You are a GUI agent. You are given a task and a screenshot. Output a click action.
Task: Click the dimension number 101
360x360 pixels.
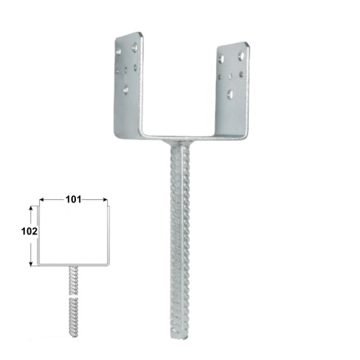tap(72, 200)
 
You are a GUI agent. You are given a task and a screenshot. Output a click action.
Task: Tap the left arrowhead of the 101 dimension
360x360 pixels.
tap(42, 200)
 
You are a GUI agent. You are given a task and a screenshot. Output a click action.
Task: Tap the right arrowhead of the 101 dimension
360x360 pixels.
tap(104, 200)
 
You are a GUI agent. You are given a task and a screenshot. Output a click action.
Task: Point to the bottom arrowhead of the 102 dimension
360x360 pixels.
tap(32, 263)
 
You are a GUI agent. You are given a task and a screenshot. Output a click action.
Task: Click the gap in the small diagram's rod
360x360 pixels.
tap(73, 294)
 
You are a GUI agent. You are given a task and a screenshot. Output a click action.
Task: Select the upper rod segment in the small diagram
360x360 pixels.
tap(73, 279)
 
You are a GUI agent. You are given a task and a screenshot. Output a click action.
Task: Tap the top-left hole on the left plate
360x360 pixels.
tap(121, 50)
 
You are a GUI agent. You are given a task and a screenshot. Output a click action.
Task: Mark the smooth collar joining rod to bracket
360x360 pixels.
tap(178, 145)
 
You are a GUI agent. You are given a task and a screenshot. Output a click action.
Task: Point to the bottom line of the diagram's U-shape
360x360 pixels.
tap(73, 264)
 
